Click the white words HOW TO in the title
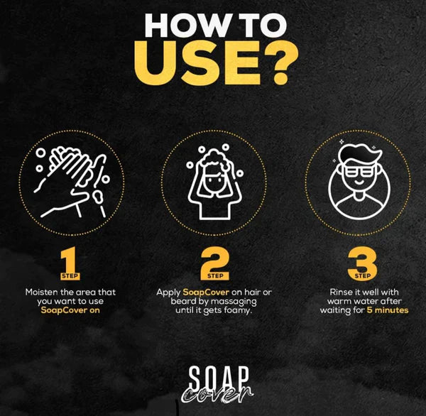215,26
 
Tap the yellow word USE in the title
198,63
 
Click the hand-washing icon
72,182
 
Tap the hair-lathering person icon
214,182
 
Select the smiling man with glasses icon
359,180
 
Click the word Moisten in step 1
42,292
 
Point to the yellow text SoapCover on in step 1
70,310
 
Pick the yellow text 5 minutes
388,310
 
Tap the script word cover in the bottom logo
217,395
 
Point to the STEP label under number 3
362,276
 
